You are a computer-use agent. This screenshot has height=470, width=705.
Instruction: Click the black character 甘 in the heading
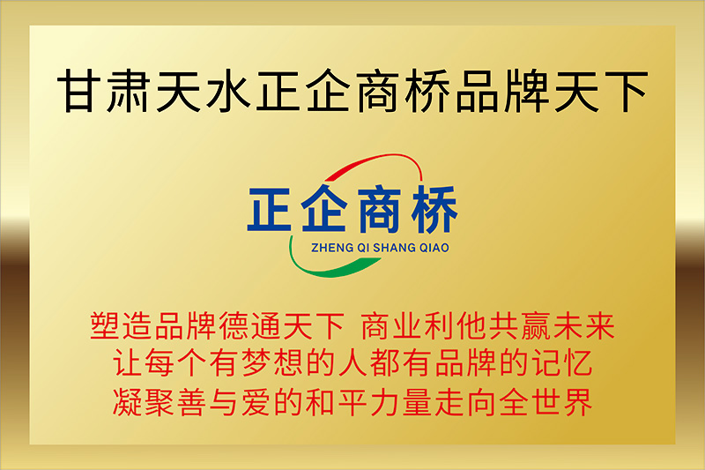click(x=79, y=91)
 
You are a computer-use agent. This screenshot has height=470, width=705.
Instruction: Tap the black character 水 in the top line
click(x=228, y=91)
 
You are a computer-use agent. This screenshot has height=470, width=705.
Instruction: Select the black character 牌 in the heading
click(x=525, y=91)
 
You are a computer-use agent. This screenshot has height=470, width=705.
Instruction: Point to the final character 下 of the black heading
click(x=625, y=91)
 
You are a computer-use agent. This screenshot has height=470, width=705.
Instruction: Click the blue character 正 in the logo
click(x=270, y=209)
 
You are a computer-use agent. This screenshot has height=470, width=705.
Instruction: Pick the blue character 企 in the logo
click(x=324, y=208)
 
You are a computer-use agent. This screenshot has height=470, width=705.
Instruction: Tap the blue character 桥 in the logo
click(x=434, y=209)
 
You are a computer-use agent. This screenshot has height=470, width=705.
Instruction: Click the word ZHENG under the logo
click(x=326, y=248)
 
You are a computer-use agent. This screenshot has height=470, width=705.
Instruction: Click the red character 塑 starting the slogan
click(x=105, y=325)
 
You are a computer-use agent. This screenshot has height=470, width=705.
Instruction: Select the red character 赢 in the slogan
click(x=536, y=325)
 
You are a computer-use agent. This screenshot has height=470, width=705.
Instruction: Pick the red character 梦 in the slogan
click(x=256, y=363)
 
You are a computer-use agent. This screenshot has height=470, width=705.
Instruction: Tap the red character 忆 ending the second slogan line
click(x=577, y=363)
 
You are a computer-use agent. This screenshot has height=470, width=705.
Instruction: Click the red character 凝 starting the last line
click(x=127, y=401)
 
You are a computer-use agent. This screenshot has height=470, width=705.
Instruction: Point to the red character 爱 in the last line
click(x=256, y=401)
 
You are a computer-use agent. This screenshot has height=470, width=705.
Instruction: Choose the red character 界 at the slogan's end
click(x=577, y=401)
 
